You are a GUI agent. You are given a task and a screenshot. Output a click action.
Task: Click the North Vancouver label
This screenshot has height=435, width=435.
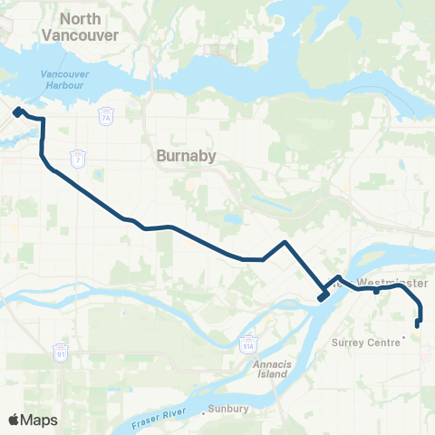point(81,26)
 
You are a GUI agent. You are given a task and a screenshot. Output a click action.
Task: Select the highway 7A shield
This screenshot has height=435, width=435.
point(105,116)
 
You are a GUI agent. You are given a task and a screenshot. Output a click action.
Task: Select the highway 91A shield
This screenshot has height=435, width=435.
point(249,345)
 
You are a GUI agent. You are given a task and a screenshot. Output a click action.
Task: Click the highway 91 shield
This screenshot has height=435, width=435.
point(60,350)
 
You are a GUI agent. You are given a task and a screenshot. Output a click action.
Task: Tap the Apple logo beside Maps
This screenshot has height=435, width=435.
point(14,420)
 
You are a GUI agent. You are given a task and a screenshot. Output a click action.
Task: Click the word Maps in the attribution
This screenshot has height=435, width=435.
point(39,420)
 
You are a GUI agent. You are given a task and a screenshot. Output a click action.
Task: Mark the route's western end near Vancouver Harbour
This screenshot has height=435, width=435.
point(17,112)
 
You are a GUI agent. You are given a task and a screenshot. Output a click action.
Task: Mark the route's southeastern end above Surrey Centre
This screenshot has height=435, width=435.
point(418,324)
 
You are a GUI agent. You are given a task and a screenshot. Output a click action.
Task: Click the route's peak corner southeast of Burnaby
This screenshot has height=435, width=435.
point(285,242)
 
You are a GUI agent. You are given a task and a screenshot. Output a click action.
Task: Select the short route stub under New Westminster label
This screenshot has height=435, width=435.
point(376,292)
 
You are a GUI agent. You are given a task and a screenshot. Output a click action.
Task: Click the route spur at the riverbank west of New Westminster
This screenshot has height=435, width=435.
point(322,296)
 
